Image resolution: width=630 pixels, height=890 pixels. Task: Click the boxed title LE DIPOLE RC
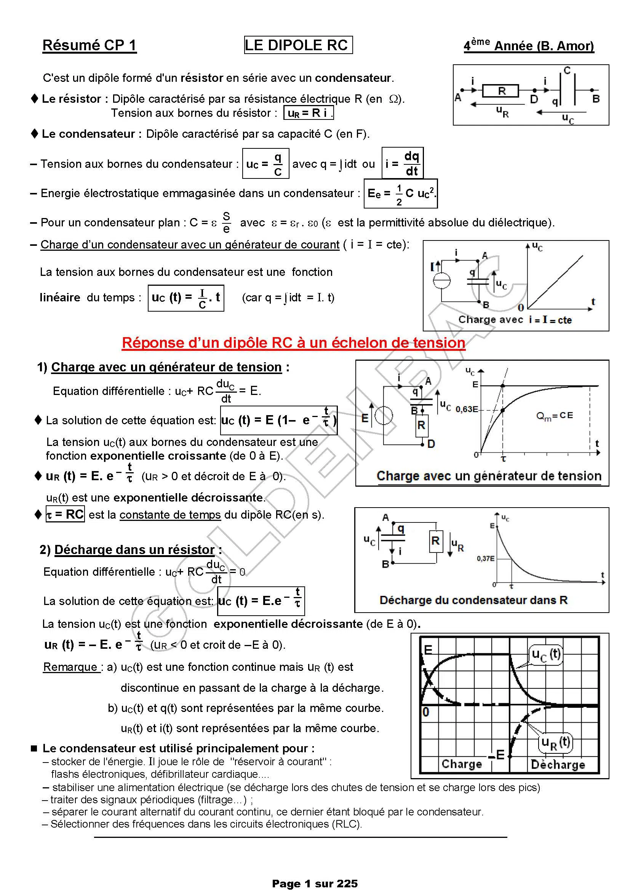[x=298, y=45]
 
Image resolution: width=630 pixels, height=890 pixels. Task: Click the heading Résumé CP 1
[x=89, y=45]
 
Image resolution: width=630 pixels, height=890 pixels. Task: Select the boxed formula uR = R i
[x=309, y=113]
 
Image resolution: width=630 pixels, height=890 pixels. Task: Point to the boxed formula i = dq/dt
[x=402, y=163]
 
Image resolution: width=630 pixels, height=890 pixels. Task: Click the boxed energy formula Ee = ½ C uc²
[x=400, y=193]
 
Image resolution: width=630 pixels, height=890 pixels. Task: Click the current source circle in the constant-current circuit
[x=441, y=281]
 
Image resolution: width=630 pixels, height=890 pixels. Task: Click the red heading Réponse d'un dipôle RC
[x=293, y=343]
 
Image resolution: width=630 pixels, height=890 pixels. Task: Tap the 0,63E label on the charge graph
[x=467, y=409]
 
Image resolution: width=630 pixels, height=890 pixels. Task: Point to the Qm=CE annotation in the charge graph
[x=554, y=416]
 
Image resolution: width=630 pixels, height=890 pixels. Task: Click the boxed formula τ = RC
[x=65, y=514]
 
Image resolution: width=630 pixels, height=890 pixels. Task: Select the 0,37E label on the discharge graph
[x=485, y=559]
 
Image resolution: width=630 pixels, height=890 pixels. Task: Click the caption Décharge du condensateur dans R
[x=473, y=600]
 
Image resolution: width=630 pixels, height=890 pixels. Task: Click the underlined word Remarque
[x=70, y=667]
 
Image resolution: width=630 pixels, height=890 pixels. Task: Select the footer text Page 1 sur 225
[x=315, y=884]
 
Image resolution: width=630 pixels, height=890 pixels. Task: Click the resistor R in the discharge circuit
[x=435, y=541]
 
